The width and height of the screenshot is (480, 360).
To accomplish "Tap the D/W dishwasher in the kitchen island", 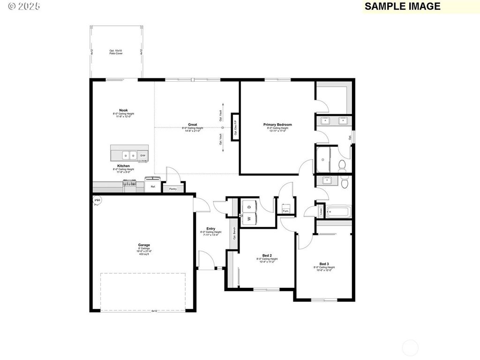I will pos(143,155).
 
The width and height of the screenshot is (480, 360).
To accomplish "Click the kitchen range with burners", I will pos(130,187).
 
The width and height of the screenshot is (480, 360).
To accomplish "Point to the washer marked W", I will pos(249,218).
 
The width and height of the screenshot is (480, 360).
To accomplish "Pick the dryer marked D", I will pos(249,206).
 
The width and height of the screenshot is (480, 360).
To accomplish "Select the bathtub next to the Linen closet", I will pos(337,211).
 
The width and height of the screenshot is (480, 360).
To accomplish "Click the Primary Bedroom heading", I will pos(277,125).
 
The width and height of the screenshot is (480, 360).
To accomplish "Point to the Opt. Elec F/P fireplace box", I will pos(235,127).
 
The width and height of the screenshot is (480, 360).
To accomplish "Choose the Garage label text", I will pos(144,245).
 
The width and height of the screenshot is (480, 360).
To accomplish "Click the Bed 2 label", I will pos(267,255).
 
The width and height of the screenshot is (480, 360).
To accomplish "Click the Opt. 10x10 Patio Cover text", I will pos(116,52).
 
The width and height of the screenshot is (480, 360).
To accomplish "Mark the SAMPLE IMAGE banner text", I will pos(402,6).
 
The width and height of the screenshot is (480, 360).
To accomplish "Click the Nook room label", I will pos(123,110).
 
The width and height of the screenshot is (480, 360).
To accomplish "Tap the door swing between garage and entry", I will pos(200,204).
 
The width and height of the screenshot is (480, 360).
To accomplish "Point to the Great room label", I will pos(193,125).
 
